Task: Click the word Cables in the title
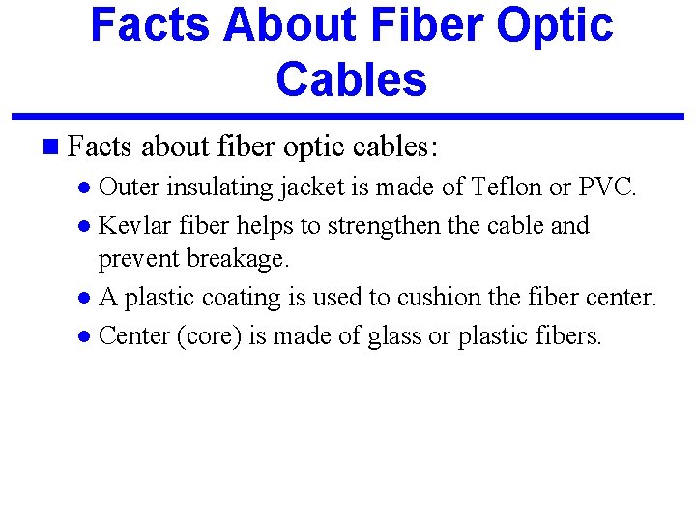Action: click(x=351, y=78)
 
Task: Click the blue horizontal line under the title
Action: click(x=348, y=117)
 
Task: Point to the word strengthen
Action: click(x=380, y=226)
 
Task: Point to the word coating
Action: click(x=238, y=298)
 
